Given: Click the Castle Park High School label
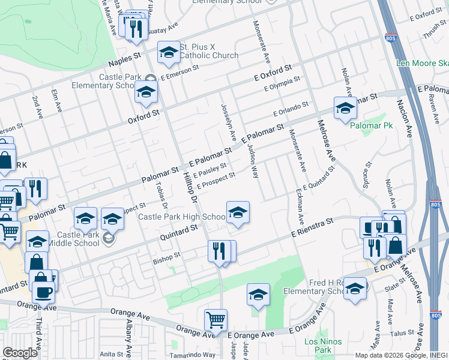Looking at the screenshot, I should pyautogui.click(x=182, y=217).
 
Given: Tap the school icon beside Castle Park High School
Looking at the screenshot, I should pyautogui.click(x=238, y=212).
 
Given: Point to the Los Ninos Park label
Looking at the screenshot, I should pyautogui.click(x=323, y=346).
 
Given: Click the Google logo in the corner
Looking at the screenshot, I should pyautogui.click(x=20, y=353).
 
